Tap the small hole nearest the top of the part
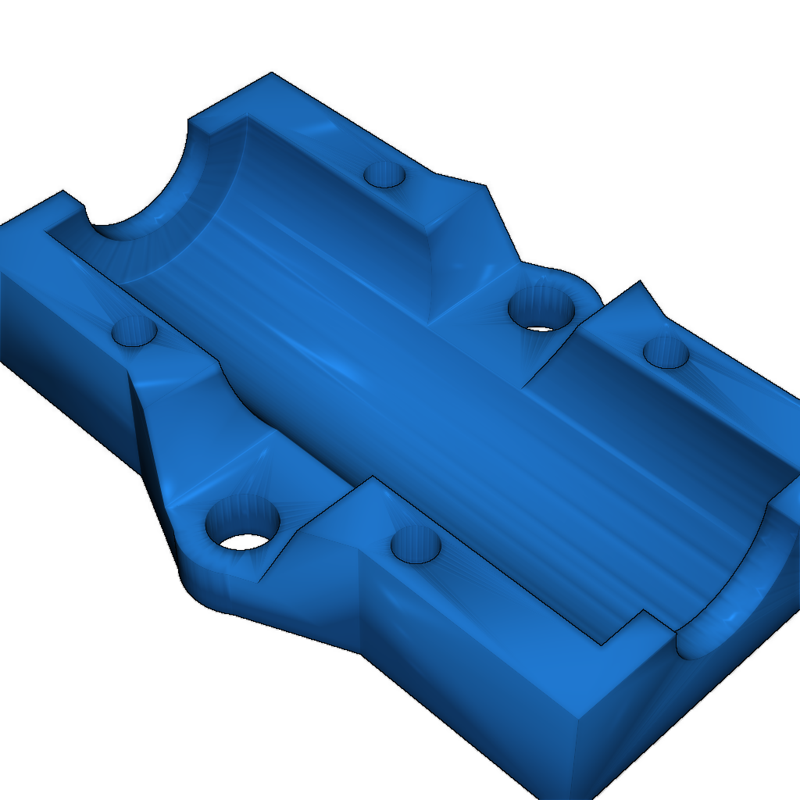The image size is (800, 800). (x=384, y=173)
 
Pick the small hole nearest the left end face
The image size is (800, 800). (x=134, y=333)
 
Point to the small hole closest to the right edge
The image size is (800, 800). (x=666, y=352)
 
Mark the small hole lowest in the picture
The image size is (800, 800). (x=416, y=544)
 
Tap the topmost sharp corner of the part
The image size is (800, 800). (x=272, y=73)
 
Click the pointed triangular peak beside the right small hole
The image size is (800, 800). (x=641, y=282)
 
